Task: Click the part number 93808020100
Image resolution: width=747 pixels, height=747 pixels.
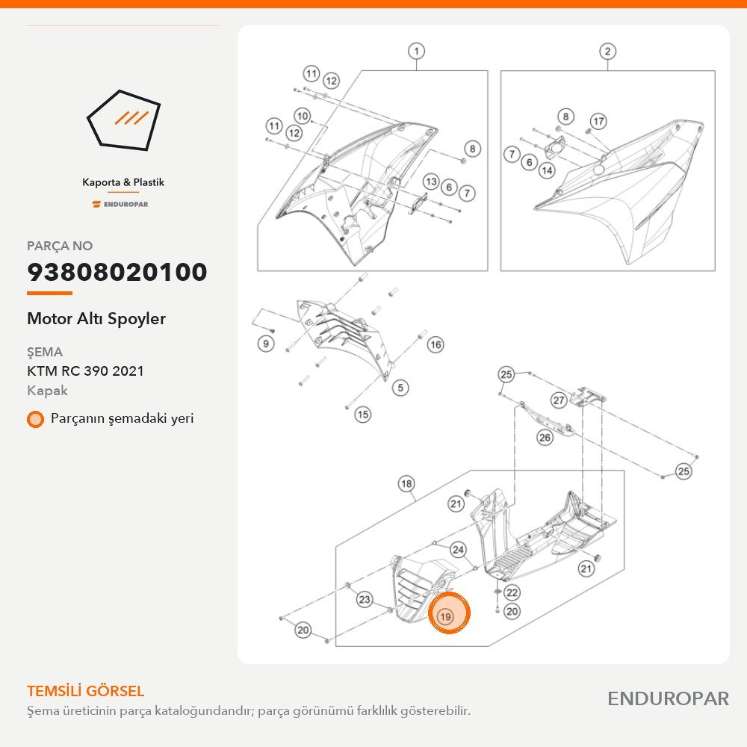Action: tap(117, 272)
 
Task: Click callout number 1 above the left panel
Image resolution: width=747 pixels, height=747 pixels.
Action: tap(417, 51)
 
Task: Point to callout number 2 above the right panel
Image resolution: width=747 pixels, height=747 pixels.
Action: tap(607, 51)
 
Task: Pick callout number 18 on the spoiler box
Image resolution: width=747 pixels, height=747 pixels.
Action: tap(406, 484)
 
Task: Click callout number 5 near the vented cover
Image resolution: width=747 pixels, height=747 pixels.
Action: tap(400, 388)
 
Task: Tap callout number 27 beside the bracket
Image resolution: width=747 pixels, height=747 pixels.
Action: tap(559, 400)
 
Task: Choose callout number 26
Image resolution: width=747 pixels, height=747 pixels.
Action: tap(545, 437)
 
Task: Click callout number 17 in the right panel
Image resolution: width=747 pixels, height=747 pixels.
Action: tap(599, 121)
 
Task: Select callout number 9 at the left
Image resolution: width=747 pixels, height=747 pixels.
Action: tap(266, 344)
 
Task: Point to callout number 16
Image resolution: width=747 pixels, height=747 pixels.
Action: tap(436, 344)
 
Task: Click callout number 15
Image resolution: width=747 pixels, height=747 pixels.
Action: tap(363, 415)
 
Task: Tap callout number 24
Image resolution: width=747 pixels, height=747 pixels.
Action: tap(459, 550)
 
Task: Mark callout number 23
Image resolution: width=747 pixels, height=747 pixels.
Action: tap(365, 599)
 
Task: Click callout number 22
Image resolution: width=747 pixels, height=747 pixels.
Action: tap(512, 592)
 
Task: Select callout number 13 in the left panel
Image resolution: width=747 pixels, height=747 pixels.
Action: tap(432, 181)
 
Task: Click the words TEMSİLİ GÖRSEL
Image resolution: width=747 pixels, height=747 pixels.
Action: tap(85, 691)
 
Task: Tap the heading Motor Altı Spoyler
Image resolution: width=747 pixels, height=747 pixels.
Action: tap(96, 319)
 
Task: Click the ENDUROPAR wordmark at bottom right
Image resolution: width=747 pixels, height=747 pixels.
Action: tap(668, 698)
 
